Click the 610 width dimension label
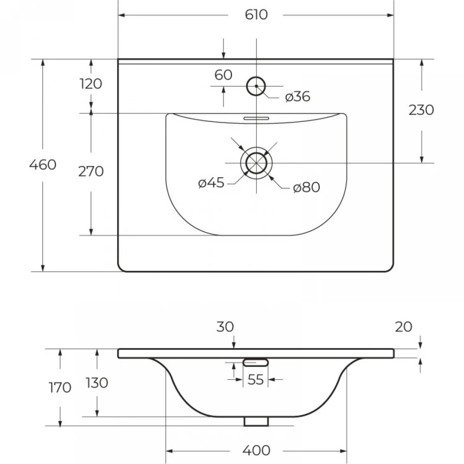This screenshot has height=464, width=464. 256,15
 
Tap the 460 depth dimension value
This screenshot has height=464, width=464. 43,165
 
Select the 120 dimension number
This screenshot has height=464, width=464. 91,84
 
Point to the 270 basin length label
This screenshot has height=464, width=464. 91,172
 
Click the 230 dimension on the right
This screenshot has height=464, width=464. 421,110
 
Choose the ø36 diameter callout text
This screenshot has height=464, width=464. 298,97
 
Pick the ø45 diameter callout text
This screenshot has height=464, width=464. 211,183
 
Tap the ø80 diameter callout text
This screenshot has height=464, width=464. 306,187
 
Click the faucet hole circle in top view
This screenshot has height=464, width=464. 256,86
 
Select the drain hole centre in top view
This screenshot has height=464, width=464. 256,163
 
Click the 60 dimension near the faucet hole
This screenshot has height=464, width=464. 223,75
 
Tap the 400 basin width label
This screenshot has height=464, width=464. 256,450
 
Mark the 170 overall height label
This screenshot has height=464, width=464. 60,388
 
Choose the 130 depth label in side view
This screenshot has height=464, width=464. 97,383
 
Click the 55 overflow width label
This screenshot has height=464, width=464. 256,380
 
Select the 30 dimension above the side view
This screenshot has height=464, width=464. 225,327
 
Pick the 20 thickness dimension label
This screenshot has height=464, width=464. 403,327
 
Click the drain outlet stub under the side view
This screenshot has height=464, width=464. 256,421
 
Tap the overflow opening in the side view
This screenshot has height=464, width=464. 256,362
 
